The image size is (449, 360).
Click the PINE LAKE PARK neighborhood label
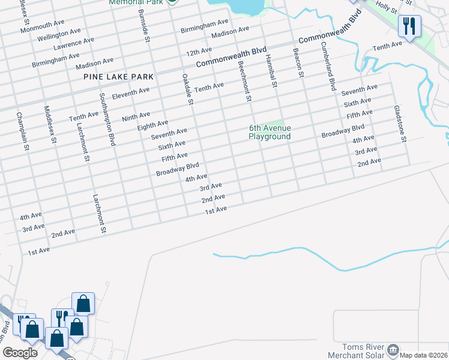119,77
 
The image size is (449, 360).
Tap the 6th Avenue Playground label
270,132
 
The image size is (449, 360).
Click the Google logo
20,353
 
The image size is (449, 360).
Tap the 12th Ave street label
199,51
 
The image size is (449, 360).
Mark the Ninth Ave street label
136,115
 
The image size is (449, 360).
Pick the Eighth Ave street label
152,124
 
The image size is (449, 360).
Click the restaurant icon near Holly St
410,26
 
